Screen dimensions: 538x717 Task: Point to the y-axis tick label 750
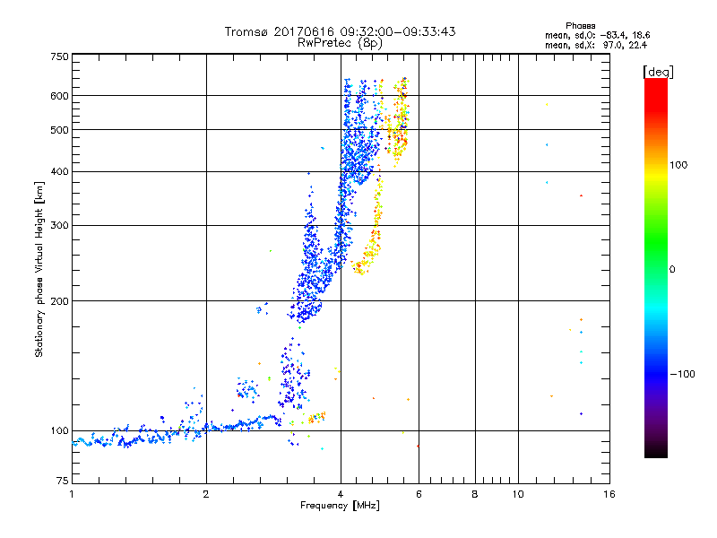(58, 56)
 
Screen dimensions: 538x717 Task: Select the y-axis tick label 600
(58, 96)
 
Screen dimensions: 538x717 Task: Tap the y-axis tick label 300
(58, 225)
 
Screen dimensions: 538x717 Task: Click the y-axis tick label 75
(61, 485)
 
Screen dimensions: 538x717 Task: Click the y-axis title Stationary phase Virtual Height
(39, 269)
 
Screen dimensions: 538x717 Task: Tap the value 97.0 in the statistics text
(617, 45)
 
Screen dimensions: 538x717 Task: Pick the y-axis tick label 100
(58, 431)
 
